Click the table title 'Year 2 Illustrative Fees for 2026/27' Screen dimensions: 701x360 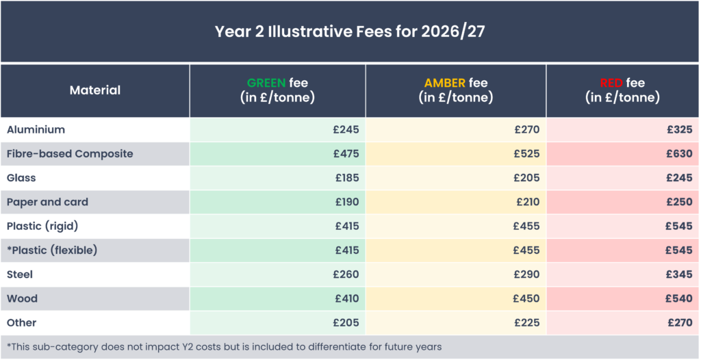coord(350,31)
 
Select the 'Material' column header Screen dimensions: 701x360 coord(95,90)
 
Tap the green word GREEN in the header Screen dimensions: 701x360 coord(266,83)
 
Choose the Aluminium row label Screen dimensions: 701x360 coord(36,129)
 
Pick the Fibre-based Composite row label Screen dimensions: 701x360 coord(70,154)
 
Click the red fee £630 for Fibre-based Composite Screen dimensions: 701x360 coord(680,154)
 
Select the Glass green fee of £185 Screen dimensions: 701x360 coord(347,178)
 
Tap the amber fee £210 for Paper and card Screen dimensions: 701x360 coord(527,202)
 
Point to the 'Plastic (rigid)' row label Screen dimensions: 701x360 coord(42,227)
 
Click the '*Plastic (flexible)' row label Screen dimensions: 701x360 coord(52,250)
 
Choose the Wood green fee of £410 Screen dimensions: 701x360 coord(347,298)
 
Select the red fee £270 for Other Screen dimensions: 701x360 coord(680,323)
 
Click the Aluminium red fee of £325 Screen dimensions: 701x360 coord(680,129)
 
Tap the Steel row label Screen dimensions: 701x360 coord(20,274)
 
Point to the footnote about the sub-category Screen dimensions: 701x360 coord(225,347)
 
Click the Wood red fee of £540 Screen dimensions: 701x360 coord(680,298)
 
